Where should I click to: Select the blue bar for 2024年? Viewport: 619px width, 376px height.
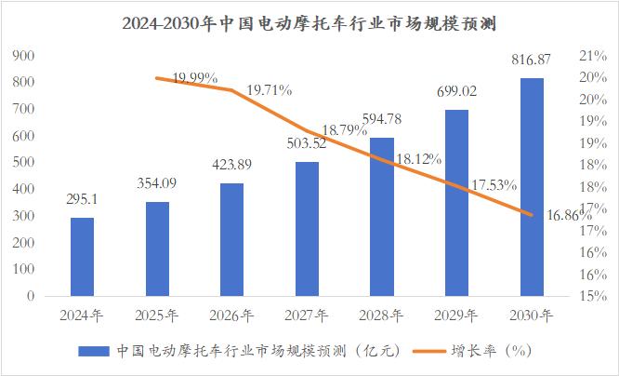[83, 257]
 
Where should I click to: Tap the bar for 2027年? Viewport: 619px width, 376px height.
[307, 229]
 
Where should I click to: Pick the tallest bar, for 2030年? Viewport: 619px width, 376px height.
[531, 187]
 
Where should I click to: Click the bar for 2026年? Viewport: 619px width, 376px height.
[232, 239]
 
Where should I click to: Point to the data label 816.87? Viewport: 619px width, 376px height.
[531, 60]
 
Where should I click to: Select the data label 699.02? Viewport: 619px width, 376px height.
[456, 91]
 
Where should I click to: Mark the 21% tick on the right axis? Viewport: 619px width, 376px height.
[592, 56]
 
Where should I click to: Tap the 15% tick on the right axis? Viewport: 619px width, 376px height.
[592, 296]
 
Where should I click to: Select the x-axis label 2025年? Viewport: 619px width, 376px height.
[157, 316]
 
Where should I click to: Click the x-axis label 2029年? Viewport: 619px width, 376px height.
[456, 316]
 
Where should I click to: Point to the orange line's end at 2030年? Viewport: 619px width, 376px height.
[531, 215]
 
